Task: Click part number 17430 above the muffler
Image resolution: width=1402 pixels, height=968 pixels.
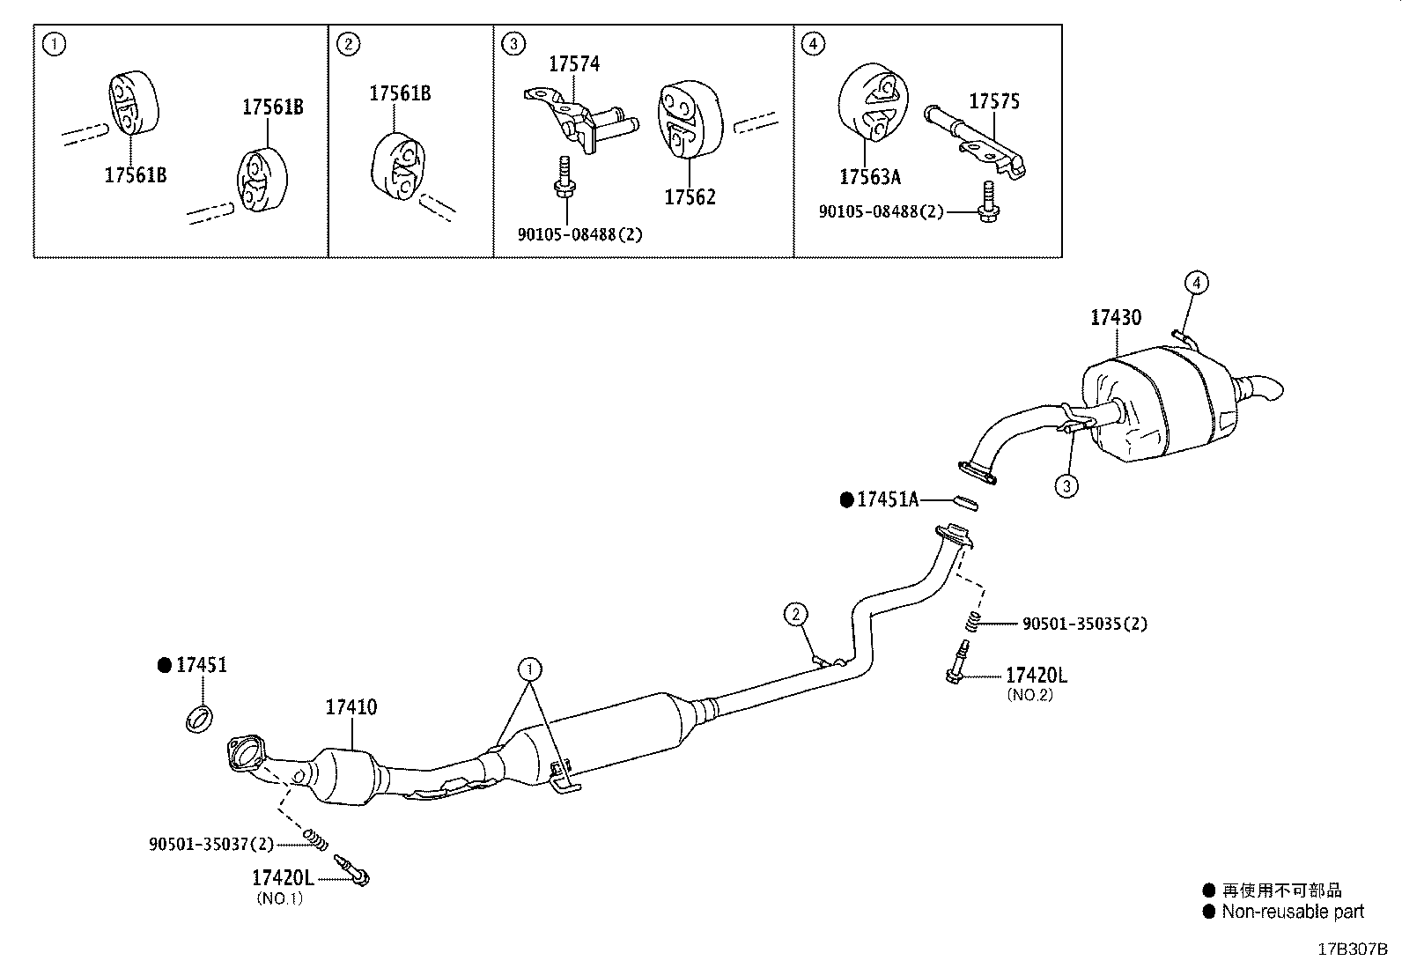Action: tap(1116, 318)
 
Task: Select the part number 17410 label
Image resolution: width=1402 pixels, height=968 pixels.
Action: tap(351, 707)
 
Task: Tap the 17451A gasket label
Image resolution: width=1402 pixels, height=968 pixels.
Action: tap(887, 500)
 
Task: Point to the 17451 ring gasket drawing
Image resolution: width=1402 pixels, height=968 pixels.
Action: tap(201, 718)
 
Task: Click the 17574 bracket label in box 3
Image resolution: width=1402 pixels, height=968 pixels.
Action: tap(574, 63)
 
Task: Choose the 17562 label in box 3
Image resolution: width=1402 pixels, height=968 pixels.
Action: tap(690, 197)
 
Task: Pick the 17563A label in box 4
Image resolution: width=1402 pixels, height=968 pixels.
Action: tap(869, 177)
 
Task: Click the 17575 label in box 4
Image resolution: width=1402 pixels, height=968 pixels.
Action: tap(994, 102)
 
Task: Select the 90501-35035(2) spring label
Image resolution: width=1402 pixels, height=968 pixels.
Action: tap(1084, 624)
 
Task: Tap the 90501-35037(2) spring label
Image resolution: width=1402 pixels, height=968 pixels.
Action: tap(211, 844)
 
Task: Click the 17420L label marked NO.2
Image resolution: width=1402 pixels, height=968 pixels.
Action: tap(1037, 676)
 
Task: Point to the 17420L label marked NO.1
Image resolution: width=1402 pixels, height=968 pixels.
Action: tap(282, 878)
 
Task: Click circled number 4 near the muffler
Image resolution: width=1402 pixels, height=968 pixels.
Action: tap(1195, 283)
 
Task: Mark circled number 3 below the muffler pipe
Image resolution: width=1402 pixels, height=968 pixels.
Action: tap(1066, 485)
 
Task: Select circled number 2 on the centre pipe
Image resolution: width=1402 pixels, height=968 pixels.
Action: tap(795, 614)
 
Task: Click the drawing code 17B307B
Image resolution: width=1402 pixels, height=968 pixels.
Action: tap(1352, 950)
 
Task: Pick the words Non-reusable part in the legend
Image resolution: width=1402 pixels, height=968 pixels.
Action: tap(1292, 913)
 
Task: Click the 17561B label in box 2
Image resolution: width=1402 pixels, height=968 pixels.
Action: tap(400, 93)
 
